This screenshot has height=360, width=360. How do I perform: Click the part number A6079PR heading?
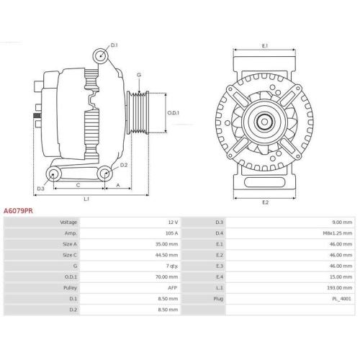[18, 212]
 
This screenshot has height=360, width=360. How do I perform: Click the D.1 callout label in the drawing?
[114, 45]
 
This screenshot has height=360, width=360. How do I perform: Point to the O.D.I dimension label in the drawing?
[174, 113]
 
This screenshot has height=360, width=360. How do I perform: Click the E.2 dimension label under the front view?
[264, 202]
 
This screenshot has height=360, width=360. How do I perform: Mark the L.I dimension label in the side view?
[86, 198]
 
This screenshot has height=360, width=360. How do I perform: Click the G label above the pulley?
[139, 75]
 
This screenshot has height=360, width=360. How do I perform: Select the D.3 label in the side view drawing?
[41, 189]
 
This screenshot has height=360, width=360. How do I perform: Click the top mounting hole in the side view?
[101, 55]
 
